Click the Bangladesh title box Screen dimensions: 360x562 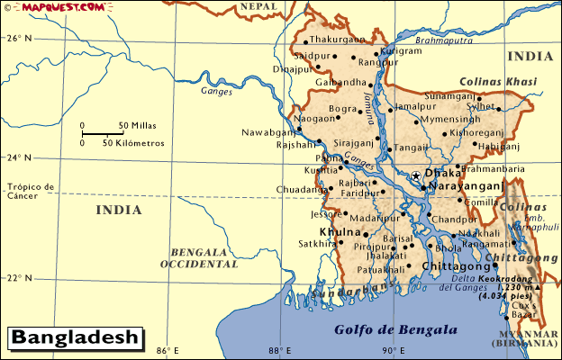[76, 338]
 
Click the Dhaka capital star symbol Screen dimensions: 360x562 [415, 175]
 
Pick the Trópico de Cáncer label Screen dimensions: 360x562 [30, 192]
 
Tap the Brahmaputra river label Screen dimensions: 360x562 [445, 40]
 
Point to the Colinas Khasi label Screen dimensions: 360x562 [499, 81]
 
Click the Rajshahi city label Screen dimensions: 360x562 [296, 145]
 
